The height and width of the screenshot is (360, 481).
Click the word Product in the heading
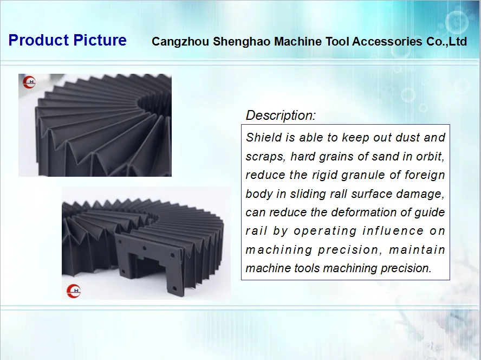click(x=38, y=41)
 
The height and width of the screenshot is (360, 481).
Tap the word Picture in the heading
click(x=100, y=41)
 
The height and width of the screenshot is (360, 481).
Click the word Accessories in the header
click(x=385, y=42)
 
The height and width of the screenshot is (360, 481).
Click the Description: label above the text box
click(x=280, y=115)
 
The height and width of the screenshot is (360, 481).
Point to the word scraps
click(x=265, y=157)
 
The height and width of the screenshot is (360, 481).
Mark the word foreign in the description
click(x=425, y=175)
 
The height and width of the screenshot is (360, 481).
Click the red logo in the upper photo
click(x=29, y=82)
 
